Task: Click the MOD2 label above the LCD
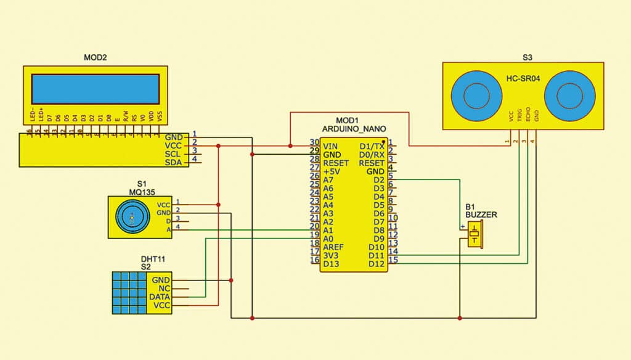(x=95, y=58)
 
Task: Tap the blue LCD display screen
(x=95, y=89)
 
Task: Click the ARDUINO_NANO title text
(x=354, y=128)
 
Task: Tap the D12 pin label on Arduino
(x=377, y=264)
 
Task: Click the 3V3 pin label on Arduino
(x=332, y=255)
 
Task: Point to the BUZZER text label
(x=481, y=215)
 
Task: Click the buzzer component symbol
(x=474, y=235)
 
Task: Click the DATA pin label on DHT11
(x=160, y=297)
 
